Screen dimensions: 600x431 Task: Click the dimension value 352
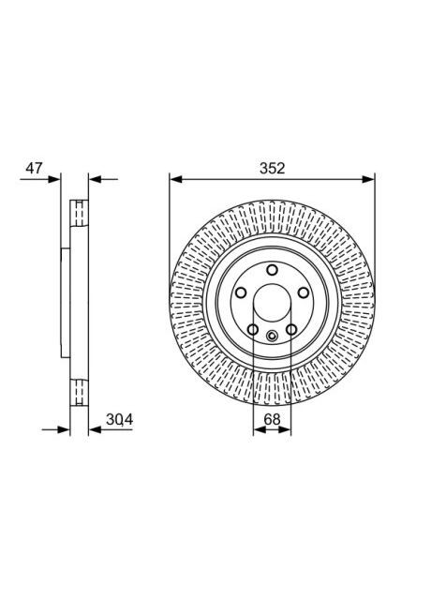(272, 168)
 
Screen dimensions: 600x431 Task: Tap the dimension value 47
(35, 168)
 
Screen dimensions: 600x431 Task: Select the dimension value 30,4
(119, 419)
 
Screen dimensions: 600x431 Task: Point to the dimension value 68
(272, 419)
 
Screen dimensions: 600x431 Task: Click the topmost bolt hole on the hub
(272, 271)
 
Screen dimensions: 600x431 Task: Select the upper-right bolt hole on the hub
(302, 293)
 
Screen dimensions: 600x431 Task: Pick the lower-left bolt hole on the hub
(253, 329)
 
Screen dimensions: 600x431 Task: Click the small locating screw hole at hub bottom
(272, 337)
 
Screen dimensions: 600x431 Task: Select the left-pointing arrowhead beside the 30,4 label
(94, 432)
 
